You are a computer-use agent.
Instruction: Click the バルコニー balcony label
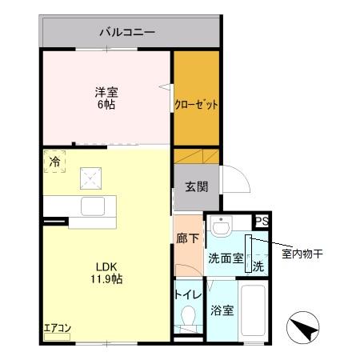point(127,33)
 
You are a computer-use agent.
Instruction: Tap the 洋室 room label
point(106,91)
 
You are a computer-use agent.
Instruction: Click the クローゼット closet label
point(197,105)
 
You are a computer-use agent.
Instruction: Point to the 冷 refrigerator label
point(54,162)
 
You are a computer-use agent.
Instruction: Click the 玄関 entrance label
point(197,187)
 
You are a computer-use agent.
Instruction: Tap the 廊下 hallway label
point(188,237)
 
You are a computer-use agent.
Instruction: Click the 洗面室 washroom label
point(225,258)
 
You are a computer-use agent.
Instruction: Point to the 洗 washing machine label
point(258,265)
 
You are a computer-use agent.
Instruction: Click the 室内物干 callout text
point(302,254)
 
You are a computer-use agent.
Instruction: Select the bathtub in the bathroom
point(255,312)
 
